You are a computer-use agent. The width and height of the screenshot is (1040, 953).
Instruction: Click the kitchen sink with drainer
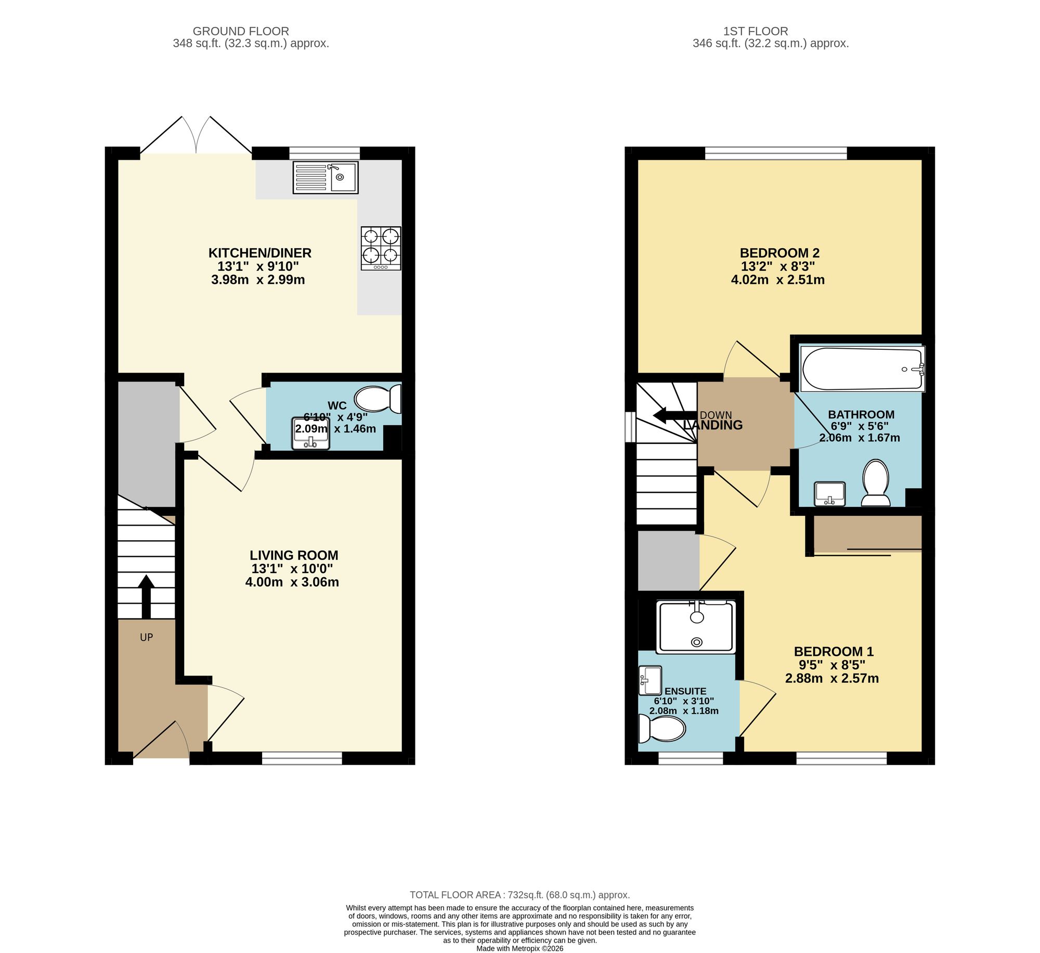click(x=326, y=177)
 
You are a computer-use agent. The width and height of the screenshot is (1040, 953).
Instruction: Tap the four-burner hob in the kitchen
click(x=381, y=248)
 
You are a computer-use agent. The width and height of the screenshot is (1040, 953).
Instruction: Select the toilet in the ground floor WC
click(x=378, y=399)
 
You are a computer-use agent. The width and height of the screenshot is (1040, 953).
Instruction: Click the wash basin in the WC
click(x=311, y=433)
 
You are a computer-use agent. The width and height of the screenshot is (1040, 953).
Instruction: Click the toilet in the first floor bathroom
click(x=876, y=483)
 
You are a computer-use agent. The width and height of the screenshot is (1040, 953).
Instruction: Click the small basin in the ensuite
click(x=649, y=680)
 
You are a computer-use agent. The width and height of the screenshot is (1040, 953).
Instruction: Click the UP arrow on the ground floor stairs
click(x=146, y=595)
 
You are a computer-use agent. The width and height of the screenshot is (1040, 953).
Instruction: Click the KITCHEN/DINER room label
click(x=259, y=253)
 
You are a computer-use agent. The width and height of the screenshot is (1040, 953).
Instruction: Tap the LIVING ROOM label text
click(x=294, y=555)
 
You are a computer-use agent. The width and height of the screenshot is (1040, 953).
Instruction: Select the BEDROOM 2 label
click(x=779, y=253)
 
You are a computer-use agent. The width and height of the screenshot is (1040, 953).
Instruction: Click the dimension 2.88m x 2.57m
click(x=831, y=678)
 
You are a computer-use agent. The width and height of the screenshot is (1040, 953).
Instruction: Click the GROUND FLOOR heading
click(x=241, y=31)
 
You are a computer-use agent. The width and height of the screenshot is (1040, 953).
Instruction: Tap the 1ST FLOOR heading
click(x=770, y=31)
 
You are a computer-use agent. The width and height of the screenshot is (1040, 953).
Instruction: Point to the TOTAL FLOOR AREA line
click(x=519, y=895)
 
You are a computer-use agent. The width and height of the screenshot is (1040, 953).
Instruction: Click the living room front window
click(x=302, y=758)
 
